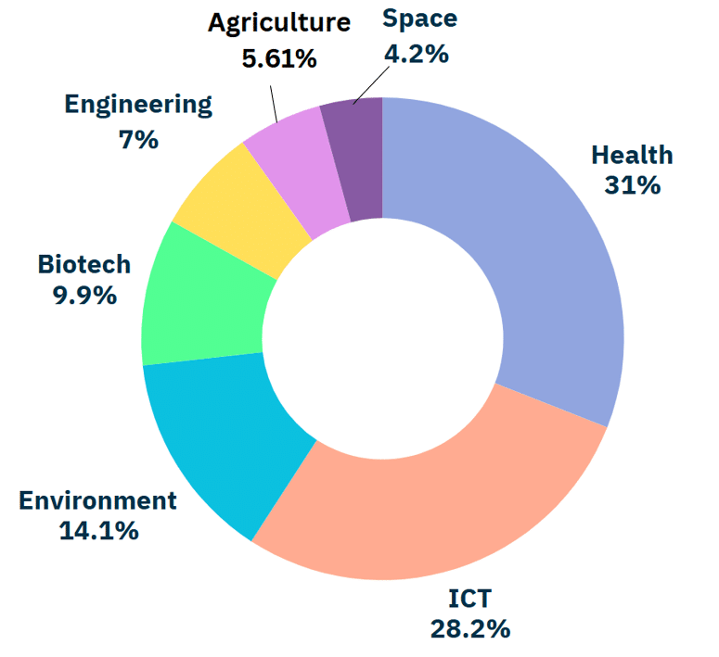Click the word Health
click(632, 155)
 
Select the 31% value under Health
click(632, 185)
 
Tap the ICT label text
click(469, 599)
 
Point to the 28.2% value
click(469, 629)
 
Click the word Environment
click(97, 501)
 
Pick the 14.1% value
click(97, 532)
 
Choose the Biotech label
click(84, 265)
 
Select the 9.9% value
click(84, 296)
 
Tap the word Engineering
click(138, 104)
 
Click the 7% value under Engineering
click(138, 140)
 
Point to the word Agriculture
click(279, 22)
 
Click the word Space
click(420, 18)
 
